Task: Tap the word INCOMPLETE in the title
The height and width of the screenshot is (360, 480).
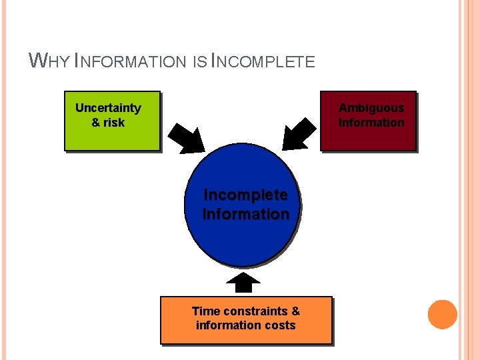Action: click(x=263, y=61)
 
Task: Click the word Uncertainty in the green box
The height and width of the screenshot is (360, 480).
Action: click(x=108, y=108)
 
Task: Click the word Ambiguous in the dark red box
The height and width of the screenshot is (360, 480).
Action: click(x=371, y=108)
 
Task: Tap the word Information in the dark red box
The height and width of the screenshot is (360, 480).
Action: click(x=371, y=123)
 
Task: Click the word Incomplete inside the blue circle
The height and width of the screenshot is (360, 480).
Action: click(x=245, y=195)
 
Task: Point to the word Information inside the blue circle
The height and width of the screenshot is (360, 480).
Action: click(x=245, y=215)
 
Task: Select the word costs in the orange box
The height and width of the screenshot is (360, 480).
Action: click(x=279, y=325)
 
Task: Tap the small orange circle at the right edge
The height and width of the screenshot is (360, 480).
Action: click(x=442, y=315)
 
